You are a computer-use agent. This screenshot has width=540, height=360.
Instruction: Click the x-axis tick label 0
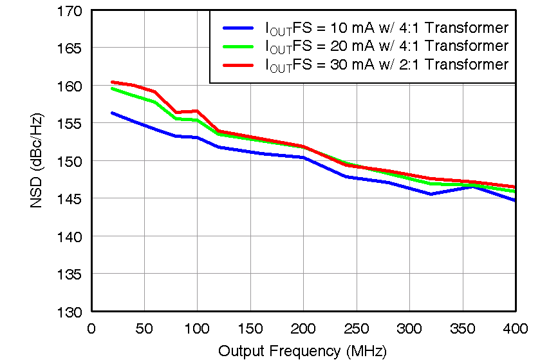click(x=91, y=328)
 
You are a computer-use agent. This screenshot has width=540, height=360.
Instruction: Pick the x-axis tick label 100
click(x=197, y=328)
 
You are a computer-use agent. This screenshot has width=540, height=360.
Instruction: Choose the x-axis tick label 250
click(x=356, y=328)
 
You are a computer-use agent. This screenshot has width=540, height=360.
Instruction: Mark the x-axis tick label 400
click(x=514, y=328)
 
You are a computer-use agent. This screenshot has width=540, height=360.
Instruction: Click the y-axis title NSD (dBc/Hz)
click(x=37, y=161)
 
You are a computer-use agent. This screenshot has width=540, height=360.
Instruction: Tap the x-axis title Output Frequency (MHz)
click(x=302, y=351)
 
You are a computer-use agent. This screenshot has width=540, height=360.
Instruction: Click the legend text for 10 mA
click(x=387, y=28)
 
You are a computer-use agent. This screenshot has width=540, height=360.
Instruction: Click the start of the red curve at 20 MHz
click(x=113, y=82)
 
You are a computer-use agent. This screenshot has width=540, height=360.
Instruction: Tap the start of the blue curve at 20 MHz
click(x=113, y=113)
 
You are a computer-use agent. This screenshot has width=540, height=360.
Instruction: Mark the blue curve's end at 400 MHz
click(x=514, y=200)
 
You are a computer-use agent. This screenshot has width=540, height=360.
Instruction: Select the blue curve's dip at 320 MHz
click(x=430, y=194)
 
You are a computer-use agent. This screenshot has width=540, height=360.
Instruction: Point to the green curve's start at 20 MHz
click(x=113, y=88)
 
